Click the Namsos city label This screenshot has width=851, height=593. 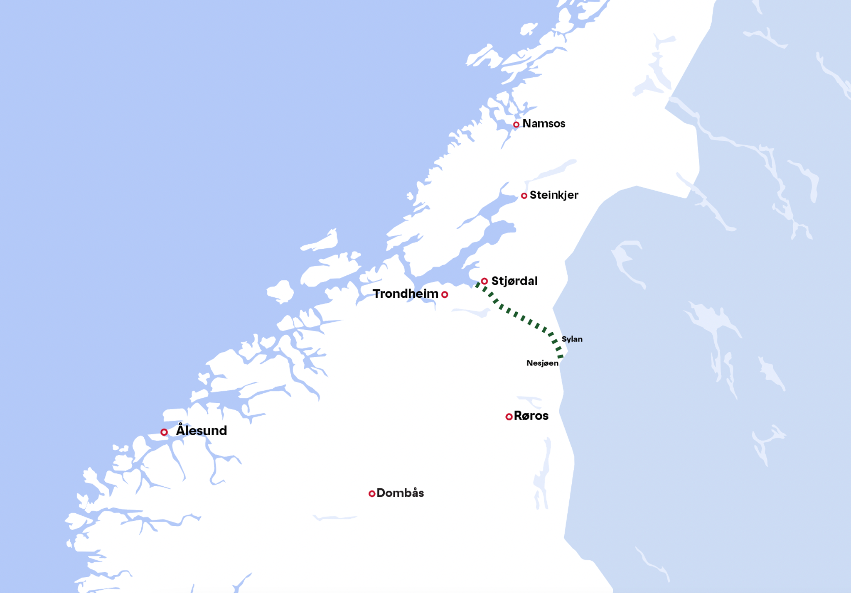click(x=544, y=124)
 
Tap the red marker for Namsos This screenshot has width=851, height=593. click(x=516, y=125)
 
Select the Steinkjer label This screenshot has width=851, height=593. click(x=553, y=195)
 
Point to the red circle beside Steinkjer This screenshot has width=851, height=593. click(x=524, y=196)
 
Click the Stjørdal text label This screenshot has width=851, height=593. click(x=514, y=281)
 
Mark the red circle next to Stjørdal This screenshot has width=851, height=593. click(x=485, y=281)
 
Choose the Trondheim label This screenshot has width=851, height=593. click(x=405, y=294)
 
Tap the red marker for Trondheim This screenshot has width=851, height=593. click(x=445, y=294)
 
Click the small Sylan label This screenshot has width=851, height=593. click(x=572, y=339)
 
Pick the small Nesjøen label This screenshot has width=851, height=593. click(x=542, y=363)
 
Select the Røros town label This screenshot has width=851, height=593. click(x=531, y=416)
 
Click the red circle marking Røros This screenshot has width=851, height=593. click(x=509, y=417)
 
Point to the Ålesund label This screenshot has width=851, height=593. click(x=202, y=431)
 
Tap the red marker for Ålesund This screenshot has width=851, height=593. click(x=164, y=432)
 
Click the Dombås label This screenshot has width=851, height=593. click(x=400, y=493)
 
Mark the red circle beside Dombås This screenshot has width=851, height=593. click(x=372, y=494)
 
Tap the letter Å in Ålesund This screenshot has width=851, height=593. click(x=180, y=430)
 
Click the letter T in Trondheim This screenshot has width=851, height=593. click(x=376, y=294)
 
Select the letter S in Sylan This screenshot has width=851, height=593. click(x=564, y=339)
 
